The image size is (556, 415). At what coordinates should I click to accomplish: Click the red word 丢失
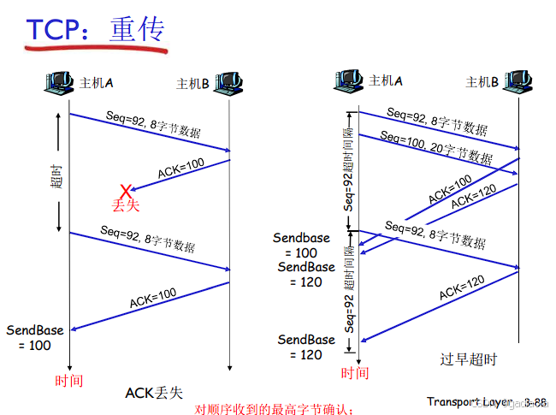(x=125, y=205)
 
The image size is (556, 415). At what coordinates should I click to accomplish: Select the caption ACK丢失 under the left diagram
(x=154, y=393)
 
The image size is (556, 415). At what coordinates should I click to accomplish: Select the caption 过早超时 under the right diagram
(x=468, y=359)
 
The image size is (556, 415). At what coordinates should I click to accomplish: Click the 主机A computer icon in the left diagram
(x=59, y=83)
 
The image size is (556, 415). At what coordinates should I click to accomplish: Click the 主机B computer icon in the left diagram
(x=228, y=83)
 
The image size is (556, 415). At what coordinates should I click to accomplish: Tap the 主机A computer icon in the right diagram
(x=348, y=81)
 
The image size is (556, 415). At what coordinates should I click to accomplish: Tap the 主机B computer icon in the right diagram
(x=518, y=81)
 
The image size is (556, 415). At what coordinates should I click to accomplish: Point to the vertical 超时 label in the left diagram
(x=56, y=175)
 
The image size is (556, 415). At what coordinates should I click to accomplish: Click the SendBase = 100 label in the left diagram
(x=34, y=338)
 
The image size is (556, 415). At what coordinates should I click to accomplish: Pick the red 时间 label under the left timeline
(x=68, y=379)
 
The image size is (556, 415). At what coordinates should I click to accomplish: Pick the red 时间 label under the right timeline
(x=355, y=373)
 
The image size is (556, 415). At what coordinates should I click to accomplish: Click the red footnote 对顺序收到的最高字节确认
(x=274, y=409)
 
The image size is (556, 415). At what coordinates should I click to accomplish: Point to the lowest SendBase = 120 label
(x=306, y=347)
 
